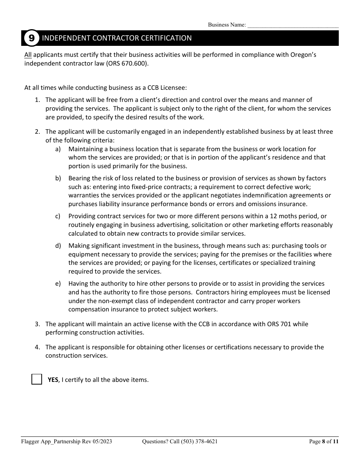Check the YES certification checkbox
coord(37,379)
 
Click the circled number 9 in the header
coord(31,38)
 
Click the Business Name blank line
coord(293,25)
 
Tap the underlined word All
coord(28,55)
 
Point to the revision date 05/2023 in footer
coord(102,441)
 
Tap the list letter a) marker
coord(58,149)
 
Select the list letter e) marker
coord(58,283)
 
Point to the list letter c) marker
coord(58,216)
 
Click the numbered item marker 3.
coord(37,324)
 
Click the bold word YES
coord(53,380)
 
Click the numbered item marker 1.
coord(37,100)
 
